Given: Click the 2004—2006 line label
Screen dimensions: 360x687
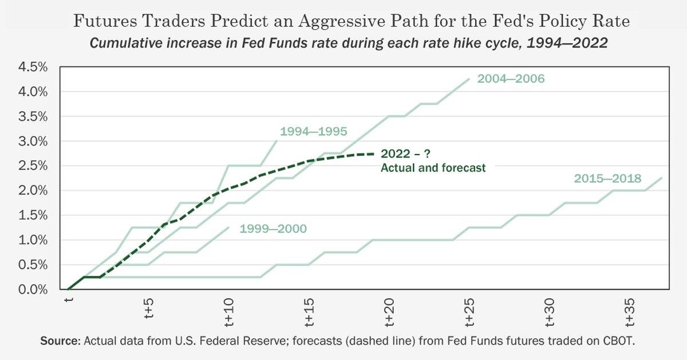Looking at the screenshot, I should (510, 79).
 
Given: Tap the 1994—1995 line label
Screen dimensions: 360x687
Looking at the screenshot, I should (313, 132).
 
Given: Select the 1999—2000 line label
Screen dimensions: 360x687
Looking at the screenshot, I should (273, 229).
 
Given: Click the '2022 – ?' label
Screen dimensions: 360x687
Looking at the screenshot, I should (405, 155).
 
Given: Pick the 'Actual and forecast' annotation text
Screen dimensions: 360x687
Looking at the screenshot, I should (433, 168).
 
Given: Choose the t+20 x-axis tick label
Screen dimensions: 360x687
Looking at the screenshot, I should (390, 309).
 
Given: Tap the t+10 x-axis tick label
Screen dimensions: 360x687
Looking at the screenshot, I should (230, 309).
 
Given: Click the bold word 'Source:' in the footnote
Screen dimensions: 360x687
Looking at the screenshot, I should (60, 341).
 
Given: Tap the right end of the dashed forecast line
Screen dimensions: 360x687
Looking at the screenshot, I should (374, 154).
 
